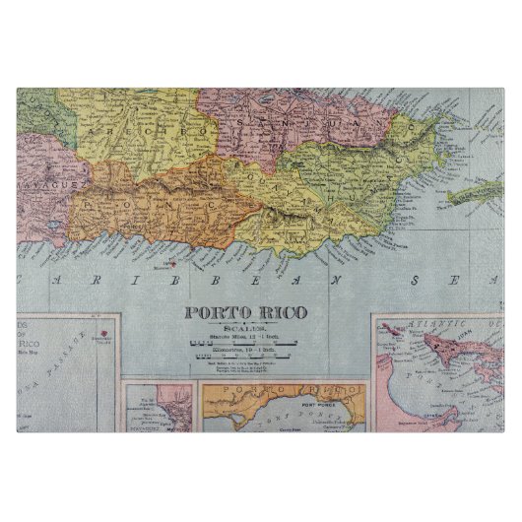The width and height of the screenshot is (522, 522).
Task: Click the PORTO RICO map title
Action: point(245,313)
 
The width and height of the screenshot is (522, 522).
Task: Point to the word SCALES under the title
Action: point(246,329)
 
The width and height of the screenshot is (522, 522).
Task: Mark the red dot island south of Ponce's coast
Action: point(171,263)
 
